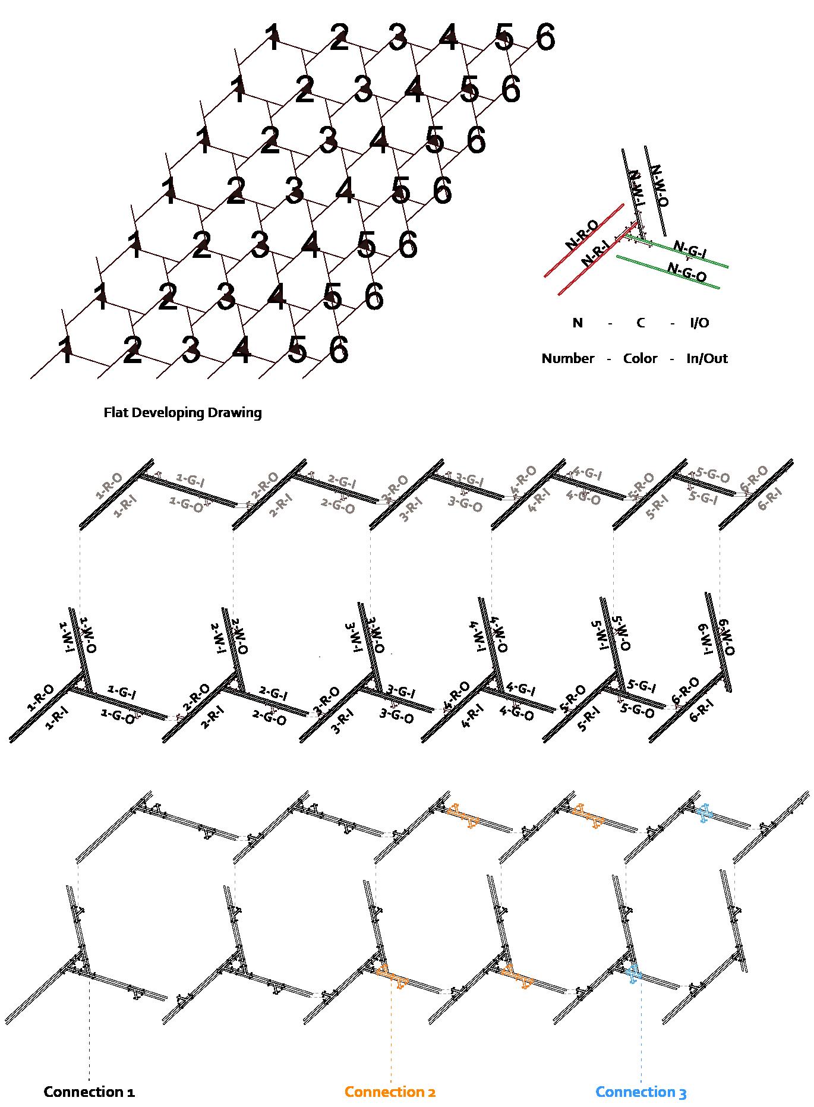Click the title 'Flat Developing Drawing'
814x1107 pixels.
point(182,412)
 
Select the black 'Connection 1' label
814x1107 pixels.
point(89,1092)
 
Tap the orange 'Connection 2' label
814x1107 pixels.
point(390,1092)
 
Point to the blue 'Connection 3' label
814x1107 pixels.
point(641,1092)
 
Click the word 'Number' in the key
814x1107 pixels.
point(567,358)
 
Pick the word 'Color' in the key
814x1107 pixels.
point(640,358)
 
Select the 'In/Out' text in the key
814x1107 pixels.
point(706,358)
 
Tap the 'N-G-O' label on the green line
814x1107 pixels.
point(687,272)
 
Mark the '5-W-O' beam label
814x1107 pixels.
point(622,633)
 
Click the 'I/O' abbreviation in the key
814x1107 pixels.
point(699,323)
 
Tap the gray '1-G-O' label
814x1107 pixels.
point(186,502)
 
